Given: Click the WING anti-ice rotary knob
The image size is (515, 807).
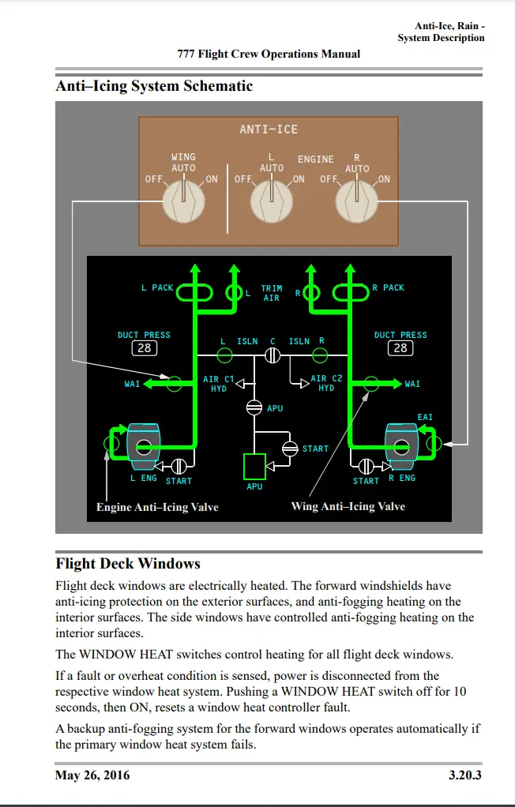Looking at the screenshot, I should tap(183, 202).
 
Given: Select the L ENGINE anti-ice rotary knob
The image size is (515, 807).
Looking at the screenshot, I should tap(271, 202).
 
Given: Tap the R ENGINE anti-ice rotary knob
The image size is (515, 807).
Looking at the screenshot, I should tap(356, 202).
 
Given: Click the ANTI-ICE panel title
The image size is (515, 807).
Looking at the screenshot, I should tap(269, 129).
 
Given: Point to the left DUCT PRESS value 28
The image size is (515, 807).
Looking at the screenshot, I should tap(145, 348).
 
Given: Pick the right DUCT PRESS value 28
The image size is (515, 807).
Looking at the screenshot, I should tap(400, 348).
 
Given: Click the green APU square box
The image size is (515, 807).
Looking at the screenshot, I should tap(254, 467).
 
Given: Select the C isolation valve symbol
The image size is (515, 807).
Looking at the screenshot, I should tap(273, 356).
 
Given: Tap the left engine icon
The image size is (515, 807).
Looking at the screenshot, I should tap(143, 447).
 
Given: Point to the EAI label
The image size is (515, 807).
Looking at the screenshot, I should tap(425, 417).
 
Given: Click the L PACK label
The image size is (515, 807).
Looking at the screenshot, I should tap(157, 288).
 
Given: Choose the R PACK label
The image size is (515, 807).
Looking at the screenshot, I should tap(388, 288).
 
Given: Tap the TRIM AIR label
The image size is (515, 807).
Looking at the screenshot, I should tap(272, 294).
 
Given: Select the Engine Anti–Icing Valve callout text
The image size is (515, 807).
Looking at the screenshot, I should tap(157, 507).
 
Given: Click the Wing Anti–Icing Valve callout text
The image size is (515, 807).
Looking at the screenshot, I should tap(348, 506).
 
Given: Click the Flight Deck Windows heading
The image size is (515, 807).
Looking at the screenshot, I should tap(128, 564).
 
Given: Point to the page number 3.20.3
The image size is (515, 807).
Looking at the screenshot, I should tap(464, 775).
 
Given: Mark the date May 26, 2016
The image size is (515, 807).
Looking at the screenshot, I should tap(93, 775).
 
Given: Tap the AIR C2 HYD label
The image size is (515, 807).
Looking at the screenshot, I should tap(326, 384).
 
